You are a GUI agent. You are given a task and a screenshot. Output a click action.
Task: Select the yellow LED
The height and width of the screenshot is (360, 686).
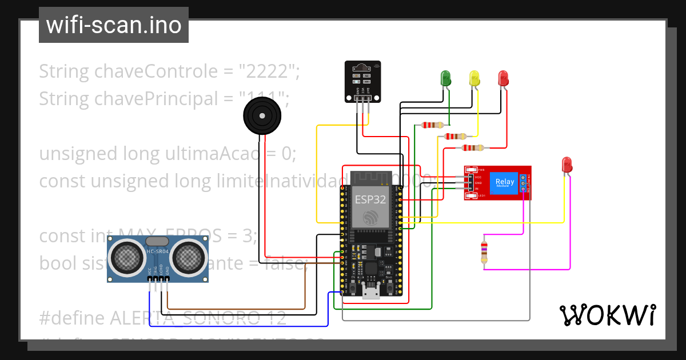pos(474,78)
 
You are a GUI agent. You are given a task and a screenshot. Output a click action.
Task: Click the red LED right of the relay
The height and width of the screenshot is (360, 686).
pos(567,165)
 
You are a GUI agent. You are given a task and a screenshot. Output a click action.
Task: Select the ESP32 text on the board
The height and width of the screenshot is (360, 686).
pos(370,200)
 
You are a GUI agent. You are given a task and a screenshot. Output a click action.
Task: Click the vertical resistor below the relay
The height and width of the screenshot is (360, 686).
pos(484,252)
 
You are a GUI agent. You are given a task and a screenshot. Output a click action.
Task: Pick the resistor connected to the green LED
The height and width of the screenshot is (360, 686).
pos(432,125)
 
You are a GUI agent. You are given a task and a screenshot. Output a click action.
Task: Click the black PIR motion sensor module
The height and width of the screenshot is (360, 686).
pos(362,81)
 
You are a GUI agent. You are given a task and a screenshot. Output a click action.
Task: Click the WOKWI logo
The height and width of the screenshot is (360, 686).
pos(607,315)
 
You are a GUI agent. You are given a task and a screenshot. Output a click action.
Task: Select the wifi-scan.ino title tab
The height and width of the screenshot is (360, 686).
pos(114,25)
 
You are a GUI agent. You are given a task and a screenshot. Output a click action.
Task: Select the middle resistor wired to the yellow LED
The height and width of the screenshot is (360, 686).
pos(455,137)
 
